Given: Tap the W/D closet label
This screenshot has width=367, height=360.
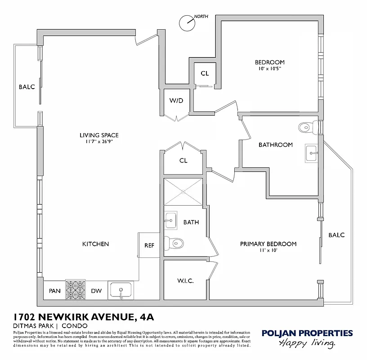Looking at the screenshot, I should pos(176,100).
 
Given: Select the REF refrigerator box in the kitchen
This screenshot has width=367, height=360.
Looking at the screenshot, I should pos(149,246).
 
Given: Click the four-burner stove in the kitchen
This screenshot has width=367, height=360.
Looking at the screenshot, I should pos(76,290).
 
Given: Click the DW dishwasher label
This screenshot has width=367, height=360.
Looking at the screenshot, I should pos(96,291).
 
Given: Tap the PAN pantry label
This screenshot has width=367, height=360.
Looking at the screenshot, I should pos(54,291).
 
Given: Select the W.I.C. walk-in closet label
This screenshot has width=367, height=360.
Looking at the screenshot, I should pos(185,281).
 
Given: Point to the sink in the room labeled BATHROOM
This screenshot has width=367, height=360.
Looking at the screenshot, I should pos(312,153).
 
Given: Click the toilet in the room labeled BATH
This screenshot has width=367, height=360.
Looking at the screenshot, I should pos(172,243).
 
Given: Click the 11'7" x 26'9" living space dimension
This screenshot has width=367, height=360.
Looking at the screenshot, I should pos(99,142).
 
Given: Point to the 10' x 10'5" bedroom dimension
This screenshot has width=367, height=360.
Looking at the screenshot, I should pos(269,69).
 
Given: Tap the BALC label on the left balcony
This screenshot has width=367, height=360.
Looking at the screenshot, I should pos(27,87).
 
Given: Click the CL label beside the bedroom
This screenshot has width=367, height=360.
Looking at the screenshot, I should pos(205,73).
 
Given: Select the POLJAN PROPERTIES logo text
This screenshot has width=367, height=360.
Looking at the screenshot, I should pos(307,333).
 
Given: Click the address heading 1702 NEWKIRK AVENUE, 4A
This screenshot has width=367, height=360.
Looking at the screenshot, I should pos(84,317).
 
